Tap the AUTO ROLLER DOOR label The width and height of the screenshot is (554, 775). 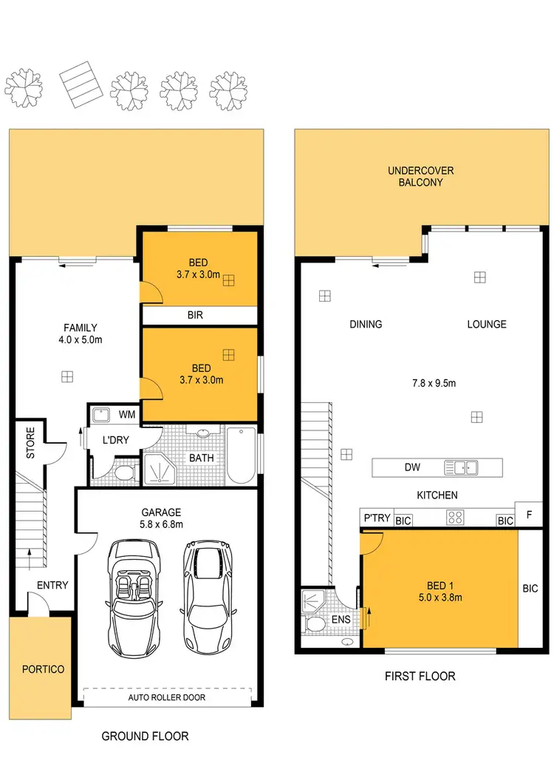(167, 697)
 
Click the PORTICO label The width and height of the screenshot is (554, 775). (42, 669)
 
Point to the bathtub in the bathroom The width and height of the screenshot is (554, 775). (241, 454)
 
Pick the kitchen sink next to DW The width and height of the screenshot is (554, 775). (460, 467)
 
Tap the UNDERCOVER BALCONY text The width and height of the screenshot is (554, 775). (420, 176)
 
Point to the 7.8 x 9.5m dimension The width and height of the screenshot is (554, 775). (434, 383)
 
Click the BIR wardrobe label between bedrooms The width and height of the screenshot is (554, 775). (195, 315)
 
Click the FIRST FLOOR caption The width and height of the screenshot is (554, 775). (420, 676)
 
